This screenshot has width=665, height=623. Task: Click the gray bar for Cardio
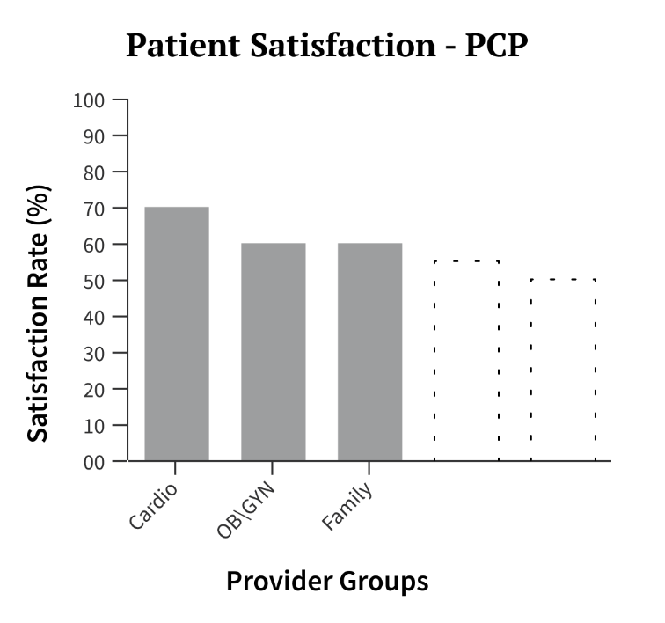177,333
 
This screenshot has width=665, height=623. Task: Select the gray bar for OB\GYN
274,351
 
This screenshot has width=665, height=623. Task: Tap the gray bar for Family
370,351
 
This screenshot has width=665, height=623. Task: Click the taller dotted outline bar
466,361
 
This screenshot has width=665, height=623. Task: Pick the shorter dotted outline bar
563,370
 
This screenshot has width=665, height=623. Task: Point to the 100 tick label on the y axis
89,100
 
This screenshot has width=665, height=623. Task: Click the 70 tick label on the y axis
93,209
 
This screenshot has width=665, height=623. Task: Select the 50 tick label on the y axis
93,281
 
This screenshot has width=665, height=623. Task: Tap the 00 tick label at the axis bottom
93,461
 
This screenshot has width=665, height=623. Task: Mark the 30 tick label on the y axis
93,353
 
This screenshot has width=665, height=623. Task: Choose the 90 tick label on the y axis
93,136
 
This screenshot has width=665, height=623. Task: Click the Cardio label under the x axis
153,507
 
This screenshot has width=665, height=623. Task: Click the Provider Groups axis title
327,582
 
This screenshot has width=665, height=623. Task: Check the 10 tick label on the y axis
93,425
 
